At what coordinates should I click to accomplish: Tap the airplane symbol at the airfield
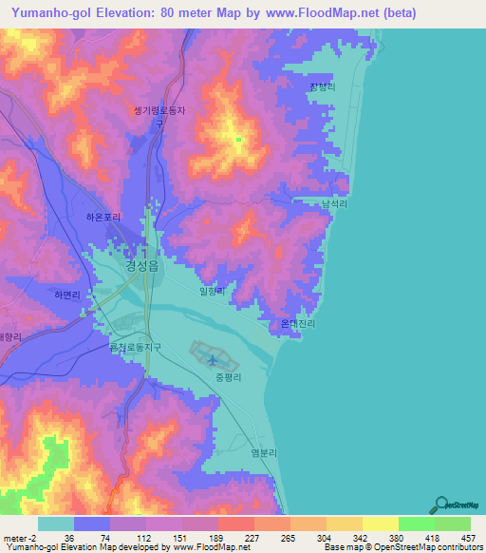pyautogui.click(x=224, y=360)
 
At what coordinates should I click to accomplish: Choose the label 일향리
pyautogui.click(x=214, y=293)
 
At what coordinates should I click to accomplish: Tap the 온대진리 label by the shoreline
pyautogui.click(x=297, y=323)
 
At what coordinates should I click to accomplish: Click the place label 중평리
pyautogui.click(x=229, y=377)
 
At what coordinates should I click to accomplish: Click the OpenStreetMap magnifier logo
pyautogui.click(x=441, y=505)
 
